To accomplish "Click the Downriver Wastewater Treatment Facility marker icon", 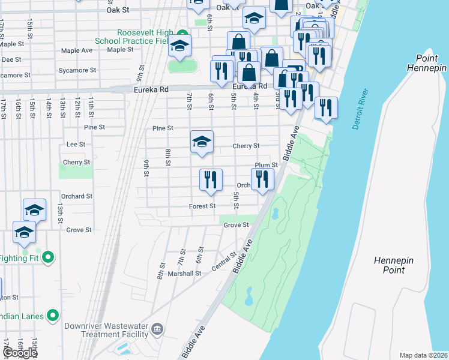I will (x=157, y=328).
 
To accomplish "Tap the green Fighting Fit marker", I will (x=49, y=258).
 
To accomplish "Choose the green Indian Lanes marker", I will (x=53, y=314).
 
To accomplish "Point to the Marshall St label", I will (x=184, y=273).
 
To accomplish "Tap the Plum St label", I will (x=267, y=165).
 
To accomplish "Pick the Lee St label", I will (x=76, y=144).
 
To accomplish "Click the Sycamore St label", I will (x=77, y=70).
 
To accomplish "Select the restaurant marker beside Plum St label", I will (x=262, y=179).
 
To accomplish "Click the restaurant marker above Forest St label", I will (x=211, y=179).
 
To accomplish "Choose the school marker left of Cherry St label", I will (x=202, y=142).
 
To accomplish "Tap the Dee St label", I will (x=8, y=59).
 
